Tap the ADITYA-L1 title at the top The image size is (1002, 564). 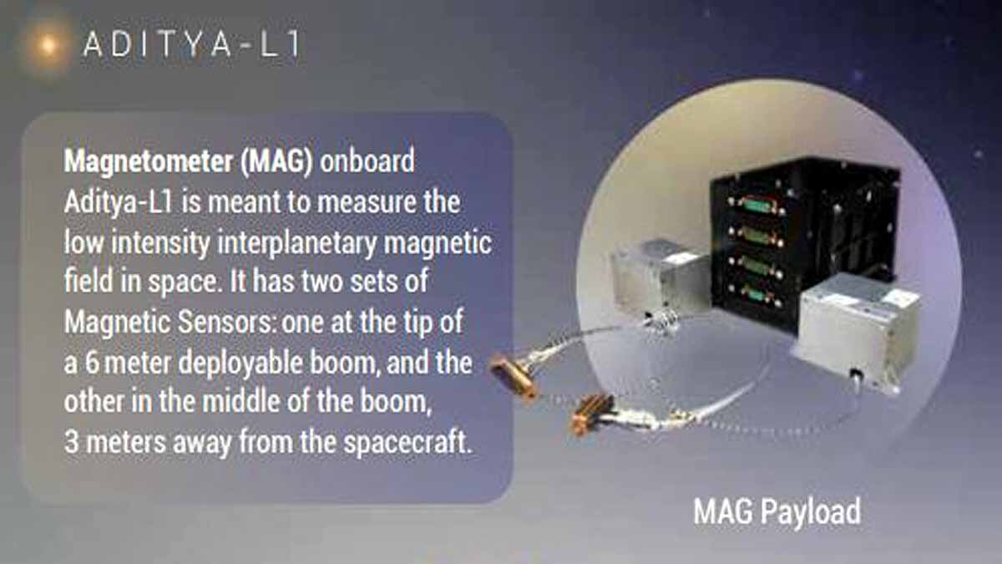coord(190,46)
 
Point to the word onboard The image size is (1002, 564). coord(367,160)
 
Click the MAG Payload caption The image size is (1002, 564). coord(777,511)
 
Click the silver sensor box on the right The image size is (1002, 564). coord(855,330)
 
